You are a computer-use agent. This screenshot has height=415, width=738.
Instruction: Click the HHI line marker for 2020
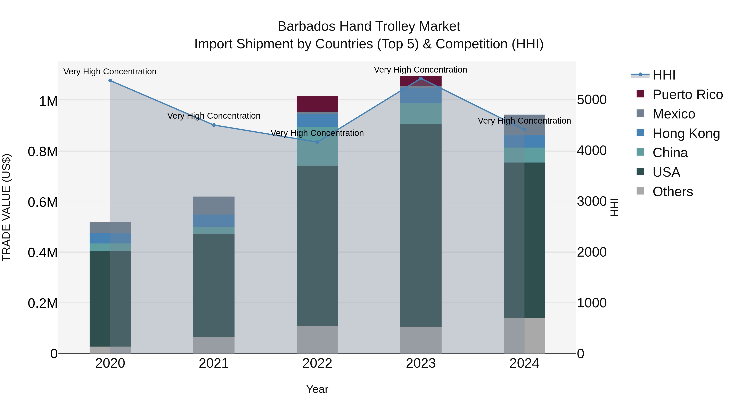pyautogui.click(x=110, y=81)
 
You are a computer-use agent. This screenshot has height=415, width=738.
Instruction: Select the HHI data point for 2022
pyautogui.click(x=317, y=142)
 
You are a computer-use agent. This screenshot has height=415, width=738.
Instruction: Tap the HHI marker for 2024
pyautogui.click(x=524, y=130)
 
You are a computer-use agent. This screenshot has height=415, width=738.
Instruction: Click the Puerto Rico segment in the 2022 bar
pyautogui.click(x=317, y=104)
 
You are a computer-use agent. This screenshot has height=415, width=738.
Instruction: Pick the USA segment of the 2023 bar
pyautogui.click(x=421, y=225)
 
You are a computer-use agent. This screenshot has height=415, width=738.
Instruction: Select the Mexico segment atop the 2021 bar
pyautogui.click(x=214, y=205)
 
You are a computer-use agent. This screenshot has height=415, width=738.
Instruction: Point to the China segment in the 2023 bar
pyautogui.click(x=421, y=113)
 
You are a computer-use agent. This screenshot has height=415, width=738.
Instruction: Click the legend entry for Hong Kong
pyautogui.click(x=686, y=133)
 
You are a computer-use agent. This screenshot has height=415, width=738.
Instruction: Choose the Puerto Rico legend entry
pyautogui.click(x=687, y=94)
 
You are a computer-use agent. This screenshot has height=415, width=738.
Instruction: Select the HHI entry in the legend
pyautogui.click(x=664, y=75)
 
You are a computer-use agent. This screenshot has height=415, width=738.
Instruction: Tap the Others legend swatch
pyautogui.click(x=640, y=191)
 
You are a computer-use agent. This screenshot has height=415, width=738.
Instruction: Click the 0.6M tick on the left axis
pyautogui.click(x=43, y=202)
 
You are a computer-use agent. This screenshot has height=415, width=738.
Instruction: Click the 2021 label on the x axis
pyautogui.click(x=214, y=363)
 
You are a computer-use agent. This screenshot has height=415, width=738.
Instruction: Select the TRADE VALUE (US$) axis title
pyautogui.click(x=6, y=207)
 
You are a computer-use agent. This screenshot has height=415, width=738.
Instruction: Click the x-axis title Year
pyautogui.click(x=317, y=389)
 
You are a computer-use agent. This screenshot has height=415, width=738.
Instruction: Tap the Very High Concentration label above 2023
pyautogui.click(x=420, y=70)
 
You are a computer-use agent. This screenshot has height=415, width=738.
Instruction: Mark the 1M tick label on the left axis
pyautogui.click(x=48, y=101)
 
